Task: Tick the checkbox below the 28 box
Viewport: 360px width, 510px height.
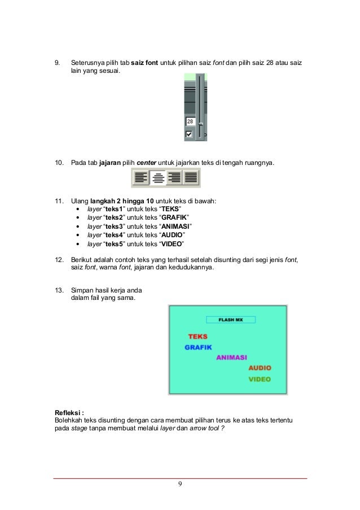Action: click(189, 134)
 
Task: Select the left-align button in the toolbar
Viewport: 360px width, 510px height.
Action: click(141, 178)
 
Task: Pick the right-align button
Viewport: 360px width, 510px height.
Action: click(174, 178)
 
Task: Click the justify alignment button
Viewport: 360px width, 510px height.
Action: click(191, 178)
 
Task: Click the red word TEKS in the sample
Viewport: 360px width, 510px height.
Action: click(197, 337)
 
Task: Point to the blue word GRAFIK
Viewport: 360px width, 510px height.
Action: click(198, 347)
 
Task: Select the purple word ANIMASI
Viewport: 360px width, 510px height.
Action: click(234, 358)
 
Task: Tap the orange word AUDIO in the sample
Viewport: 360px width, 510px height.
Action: click(260, 368)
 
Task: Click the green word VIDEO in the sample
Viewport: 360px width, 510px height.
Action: click(260, 380)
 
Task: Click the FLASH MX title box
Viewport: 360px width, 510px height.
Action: click(230, 320)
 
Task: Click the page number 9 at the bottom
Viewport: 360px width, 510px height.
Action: click(179, 484)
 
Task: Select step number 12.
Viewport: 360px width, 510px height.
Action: click(58, 259)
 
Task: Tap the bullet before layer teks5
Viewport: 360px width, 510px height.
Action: click(77, 244)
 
